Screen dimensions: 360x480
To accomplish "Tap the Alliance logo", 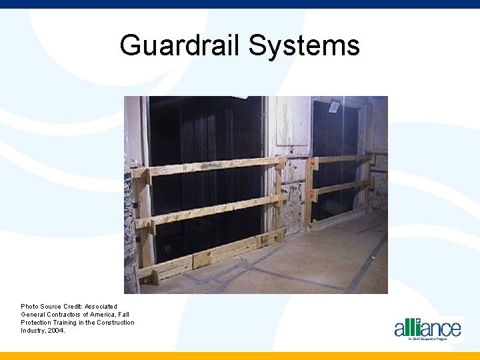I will pos(427,329).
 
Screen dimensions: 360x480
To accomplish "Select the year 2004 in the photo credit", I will pos(56,331).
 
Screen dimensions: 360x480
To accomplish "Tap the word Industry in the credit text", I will pos(33,331).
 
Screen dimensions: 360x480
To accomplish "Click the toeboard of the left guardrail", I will pos(213,253).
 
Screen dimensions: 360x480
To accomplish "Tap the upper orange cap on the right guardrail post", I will pos(312,161).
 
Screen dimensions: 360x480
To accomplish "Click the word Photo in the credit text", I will pos(30,307).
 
